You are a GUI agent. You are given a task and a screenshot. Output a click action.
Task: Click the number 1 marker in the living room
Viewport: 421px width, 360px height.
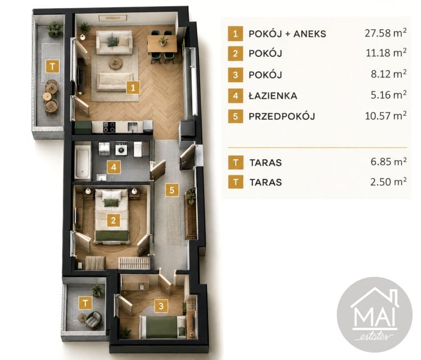(133, 88)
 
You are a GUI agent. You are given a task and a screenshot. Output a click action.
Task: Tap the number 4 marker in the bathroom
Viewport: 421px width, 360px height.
(114, 167)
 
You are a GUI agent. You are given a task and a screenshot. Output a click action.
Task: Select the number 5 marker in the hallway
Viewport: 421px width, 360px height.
(172, 190)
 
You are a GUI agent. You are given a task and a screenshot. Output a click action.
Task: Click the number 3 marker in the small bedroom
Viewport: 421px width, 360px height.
(161, 306)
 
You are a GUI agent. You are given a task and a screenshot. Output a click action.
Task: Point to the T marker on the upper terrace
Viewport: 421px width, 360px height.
(53, 66)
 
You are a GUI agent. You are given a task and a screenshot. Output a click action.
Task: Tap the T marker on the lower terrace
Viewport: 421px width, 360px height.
(85, 303)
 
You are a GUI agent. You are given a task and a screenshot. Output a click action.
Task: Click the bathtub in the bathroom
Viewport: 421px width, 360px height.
(83, 162)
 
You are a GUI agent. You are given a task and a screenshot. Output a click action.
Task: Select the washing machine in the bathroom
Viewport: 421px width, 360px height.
(121, 148)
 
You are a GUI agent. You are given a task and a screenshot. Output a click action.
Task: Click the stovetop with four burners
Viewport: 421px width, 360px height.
(109, 127)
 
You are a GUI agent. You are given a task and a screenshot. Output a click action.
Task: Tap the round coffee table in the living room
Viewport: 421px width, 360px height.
(115, 63)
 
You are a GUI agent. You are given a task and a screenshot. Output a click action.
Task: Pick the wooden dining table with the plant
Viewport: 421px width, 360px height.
(162, 44)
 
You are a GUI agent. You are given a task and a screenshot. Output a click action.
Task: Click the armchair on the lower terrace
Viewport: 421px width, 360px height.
(93, 319)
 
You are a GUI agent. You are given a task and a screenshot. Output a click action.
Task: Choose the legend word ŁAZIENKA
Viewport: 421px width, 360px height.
(273, 96)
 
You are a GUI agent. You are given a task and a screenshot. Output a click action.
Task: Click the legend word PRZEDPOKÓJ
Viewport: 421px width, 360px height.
(282, 116)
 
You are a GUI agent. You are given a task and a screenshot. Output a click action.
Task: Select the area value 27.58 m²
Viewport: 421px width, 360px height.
(386, 33)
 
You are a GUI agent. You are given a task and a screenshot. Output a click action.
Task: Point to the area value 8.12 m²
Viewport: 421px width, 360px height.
(389, 74)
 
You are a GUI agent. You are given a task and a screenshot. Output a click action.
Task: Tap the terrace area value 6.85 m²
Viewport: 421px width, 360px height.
(388, 161)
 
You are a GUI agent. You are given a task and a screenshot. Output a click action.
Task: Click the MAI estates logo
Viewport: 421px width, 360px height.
(374, 314)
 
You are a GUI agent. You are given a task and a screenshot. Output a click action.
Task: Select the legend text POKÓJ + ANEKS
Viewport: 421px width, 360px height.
(287, 34)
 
